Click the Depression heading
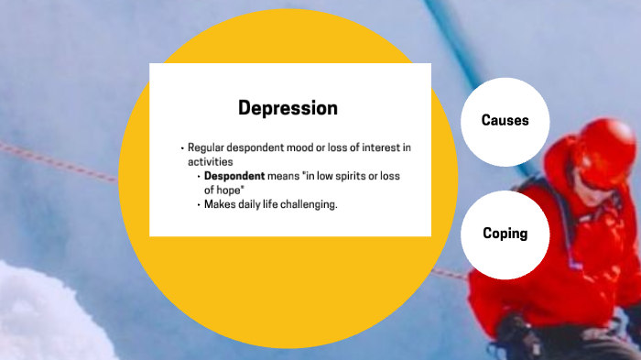click(288, 108)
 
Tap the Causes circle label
click(505, 120)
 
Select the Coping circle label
click(505, 234)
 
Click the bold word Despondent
click(234, 175)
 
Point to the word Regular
click(206, 147)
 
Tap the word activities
click(211, 161)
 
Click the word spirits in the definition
click(352, 175)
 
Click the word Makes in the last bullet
click(219, 204)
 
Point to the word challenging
click(308, 204)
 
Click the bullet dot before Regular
click(182, 147)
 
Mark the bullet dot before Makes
click(199, 204)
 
